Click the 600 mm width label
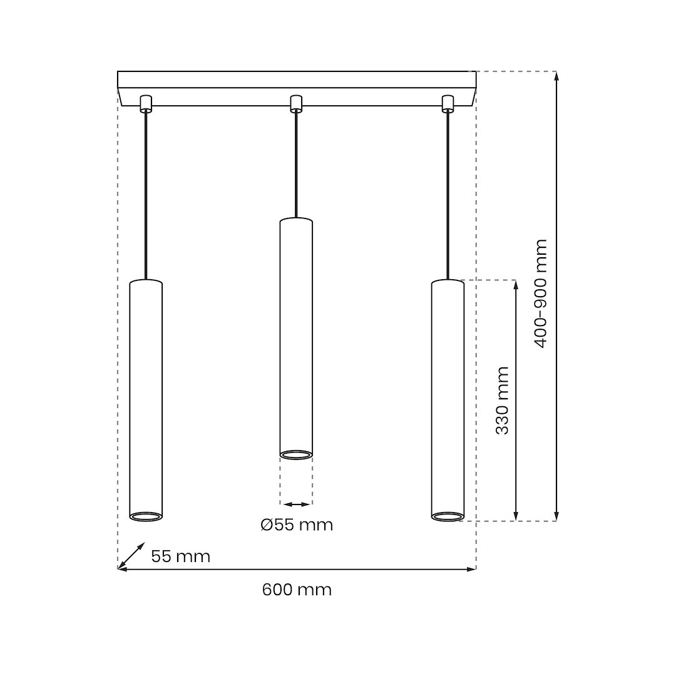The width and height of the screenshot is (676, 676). pos(297,590)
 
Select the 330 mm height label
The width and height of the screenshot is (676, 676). pos(502,401)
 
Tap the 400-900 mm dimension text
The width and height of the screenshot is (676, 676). pos(541,294)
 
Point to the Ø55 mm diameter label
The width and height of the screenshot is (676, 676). pos(297,525)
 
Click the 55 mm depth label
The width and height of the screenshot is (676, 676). pos(180,556)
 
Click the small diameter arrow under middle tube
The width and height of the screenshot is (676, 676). pos(296,504)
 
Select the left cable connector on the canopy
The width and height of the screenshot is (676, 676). pos(146,103)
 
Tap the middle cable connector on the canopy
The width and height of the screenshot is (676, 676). pos(296,103)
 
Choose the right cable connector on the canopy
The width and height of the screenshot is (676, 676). pos(448,103)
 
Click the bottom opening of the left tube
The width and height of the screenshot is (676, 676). pos(146,516)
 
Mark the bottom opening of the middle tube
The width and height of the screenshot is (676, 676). pos(296,454)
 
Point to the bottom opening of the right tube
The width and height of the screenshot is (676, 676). pos(448,516)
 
